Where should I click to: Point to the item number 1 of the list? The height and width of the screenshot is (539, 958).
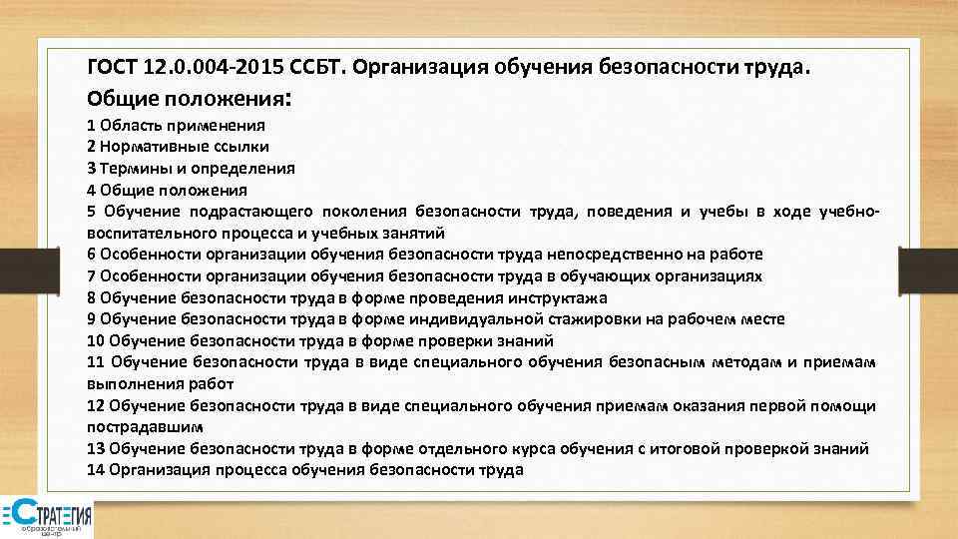(91, 126)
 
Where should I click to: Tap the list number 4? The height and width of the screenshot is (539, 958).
(91, 190)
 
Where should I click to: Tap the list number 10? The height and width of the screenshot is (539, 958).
(96, 340)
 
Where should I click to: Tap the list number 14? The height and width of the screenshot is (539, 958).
(96, 470)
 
